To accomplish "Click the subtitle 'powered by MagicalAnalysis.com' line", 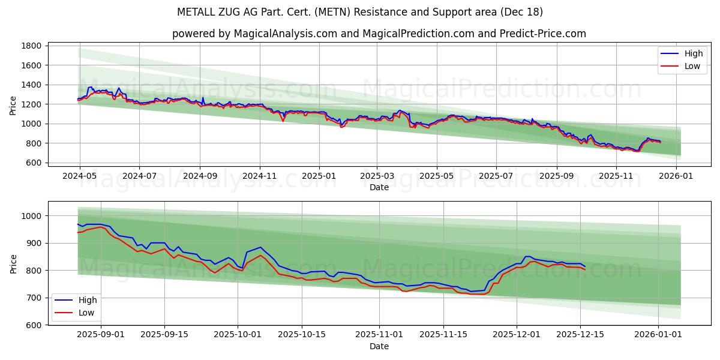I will (379, 34).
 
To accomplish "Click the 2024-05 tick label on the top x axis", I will (80, 176).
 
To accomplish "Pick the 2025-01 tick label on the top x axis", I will (319, 176).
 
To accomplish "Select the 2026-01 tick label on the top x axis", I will (676, 176).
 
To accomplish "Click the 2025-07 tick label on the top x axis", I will (496, 176).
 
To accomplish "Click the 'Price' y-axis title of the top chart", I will (13, 104).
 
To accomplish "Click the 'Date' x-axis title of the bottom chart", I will (379, 346).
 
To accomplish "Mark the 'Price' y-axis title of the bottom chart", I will (13, 263).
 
